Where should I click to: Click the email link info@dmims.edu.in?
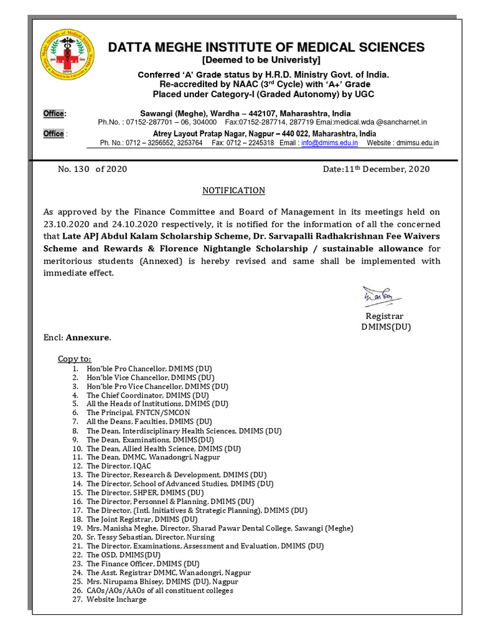(x=329, y=143)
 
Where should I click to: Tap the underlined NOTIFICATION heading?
(x=234, y=191)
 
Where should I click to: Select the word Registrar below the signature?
(x=385, y=317)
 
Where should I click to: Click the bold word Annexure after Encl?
(x=88, y=338)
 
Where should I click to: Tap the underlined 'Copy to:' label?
(x=74, y=359)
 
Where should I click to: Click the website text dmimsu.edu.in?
(x=416, y=143)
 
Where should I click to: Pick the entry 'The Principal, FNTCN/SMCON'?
(x=138, y=412)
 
